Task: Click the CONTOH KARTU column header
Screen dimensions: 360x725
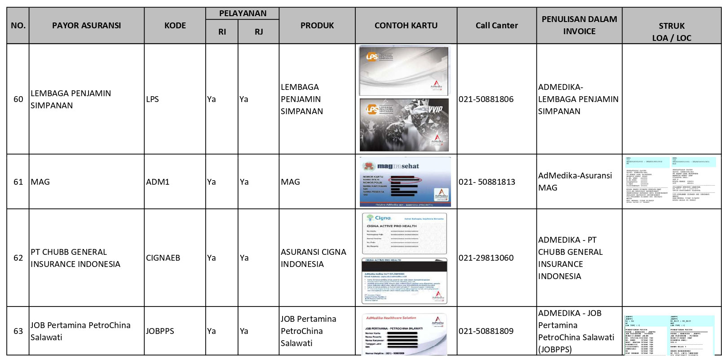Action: coord(406,26)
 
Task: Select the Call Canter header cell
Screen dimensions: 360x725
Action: coord(496,26)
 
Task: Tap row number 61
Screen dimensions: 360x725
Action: coord(18,182)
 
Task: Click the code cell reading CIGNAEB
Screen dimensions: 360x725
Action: coord(163,258)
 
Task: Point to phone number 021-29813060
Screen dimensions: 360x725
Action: coord(486,258)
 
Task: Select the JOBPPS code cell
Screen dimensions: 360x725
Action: coord(160,331)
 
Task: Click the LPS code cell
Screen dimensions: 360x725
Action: coord(152,99)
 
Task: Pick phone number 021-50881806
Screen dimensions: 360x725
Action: coord(486,99)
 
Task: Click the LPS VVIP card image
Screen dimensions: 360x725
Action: coord(404,125)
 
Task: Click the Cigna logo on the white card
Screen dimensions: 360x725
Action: coord(380,218)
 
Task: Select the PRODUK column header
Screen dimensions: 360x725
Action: coord(317,26)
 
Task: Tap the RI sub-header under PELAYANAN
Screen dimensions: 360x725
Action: coord(222,32)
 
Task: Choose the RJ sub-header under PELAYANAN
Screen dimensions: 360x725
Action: coord(259,32)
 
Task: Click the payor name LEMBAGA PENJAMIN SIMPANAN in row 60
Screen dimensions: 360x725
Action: coord(71,99)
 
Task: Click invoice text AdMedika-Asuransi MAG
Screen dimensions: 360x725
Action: coord(575,182)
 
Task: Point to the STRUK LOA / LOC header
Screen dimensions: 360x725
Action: coord(672,32)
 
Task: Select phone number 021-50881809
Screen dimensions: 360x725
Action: coord(486,331)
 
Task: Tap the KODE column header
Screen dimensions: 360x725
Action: coord(175,26)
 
